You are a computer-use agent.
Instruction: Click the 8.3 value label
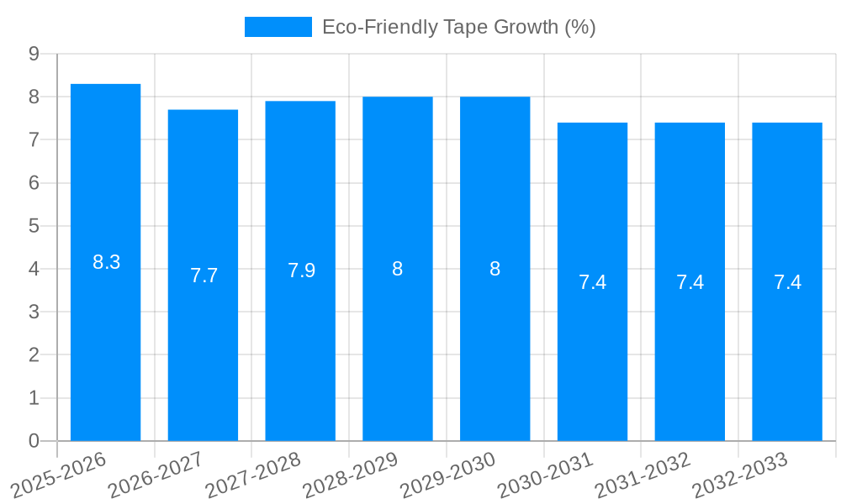click(106, 262)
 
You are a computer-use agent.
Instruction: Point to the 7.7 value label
click(204, 276)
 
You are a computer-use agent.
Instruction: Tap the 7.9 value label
click(301, 270)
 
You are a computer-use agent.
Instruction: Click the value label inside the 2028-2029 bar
click(397, 269)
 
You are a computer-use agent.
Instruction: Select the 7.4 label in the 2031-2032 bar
click(690, 282)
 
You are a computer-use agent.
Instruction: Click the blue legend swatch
click(278, 27)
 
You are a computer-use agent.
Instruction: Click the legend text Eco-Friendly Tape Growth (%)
click(458, 27)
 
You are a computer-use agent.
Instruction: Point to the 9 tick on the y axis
click(34, 54)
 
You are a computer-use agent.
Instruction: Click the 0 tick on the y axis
click(34, 441)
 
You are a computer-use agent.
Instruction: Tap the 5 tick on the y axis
click(34, 226)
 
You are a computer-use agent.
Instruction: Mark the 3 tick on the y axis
click(34, 312)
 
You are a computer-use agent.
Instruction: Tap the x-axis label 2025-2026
click(60, 475)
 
